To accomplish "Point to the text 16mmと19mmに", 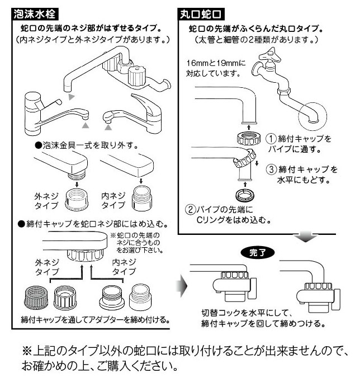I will (x=216, y=63).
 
